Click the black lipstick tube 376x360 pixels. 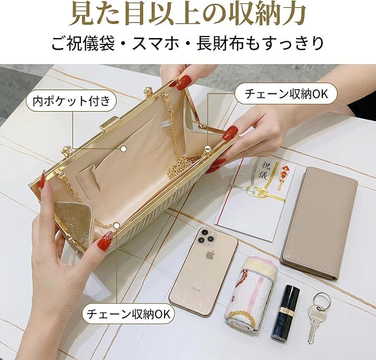286,312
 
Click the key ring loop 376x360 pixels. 322,302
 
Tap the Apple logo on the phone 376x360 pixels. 210,255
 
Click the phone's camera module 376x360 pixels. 207,237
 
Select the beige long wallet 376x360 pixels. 319,223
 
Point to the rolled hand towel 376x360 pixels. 251,293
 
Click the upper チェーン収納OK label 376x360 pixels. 286,93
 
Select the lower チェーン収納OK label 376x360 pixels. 128,313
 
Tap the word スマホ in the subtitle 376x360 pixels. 156,43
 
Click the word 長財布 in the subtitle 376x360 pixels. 220,43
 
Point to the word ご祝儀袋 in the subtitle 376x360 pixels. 83,43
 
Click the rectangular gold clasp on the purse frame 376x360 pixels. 110,123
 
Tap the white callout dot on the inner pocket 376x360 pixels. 123,149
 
